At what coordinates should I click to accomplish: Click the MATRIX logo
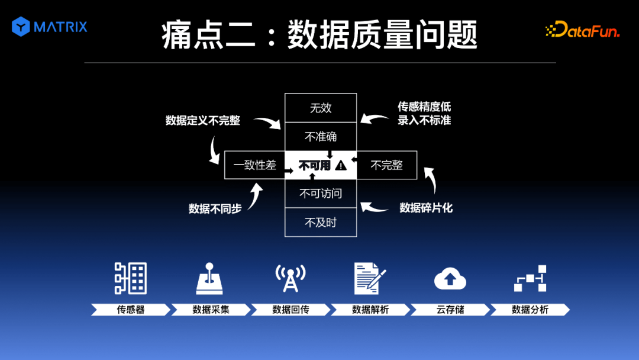click(x=50, y=27)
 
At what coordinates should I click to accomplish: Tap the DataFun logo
click(x=582, y=30)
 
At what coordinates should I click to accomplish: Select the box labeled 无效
click(x=321, y=108)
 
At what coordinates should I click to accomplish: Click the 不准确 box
click(x=321, y=137)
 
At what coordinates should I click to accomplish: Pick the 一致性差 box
click(x=254, y=165)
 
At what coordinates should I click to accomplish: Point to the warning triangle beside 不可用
click(x=341, y=166)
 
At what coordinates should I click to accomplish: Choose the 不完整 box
click(x=387, y=165)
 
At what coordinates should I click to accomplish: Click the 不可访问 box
click(x=321, y=194)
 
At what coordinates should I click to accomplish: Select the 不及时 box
click(x=321, y=223)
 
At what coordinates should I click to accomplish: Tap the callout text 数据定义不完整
click(x=202, y=121)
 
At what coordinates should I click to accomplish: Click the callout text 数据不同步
click(x=215, y=208)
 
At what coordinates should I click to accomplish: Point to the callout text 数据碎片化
click(x=426, y=208)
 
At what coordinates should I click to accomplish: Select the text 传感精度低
click(x=424, y=107)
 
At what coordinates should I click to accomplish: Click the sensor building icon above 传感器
click(x=131, y=278)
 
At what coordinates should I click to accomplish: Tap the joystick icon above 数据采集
click(x=210, y=278)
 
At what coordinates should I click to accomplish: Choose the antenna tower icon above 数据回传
click(x=290, y=278)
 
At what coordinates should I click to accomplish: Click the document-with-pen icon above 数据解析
click(x=370, y=278)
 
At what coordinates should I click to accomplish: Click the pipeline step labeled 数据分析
click(x=530, y=310)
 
